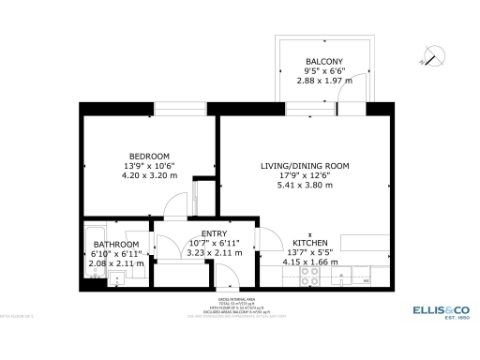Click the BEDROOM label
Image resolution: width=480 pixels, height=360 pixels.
[x=149, y=156]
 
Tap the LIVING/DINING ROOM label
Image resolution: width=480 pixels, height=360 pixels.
[x=305, y=166]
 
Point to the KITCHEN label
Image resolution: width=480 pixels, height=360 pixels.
[x=309, y=242]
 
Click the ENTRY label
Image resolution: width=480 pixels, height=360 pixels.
[x=215, y=233]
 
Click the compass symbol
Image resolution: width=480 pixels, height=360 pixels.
[x=430, y=53]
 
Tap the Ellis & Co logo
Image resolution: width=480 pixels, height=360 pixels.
[x=441, y=310]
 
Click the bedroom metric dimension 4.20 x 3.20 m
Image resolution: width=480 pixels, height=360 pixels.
[x=149, y=175]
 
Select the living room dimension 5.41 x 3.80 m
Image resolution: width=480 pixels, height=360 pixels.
[x=305, y=186]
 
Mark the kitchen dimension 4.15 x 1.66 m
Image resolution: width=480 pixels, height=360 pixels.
[x=309, y=262]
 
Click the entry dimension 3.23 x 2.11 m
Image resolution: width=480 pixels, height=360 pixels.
[x=215, y=253]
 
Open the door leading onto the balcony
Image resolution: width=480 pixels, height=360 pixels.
[x=351, y=109]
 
